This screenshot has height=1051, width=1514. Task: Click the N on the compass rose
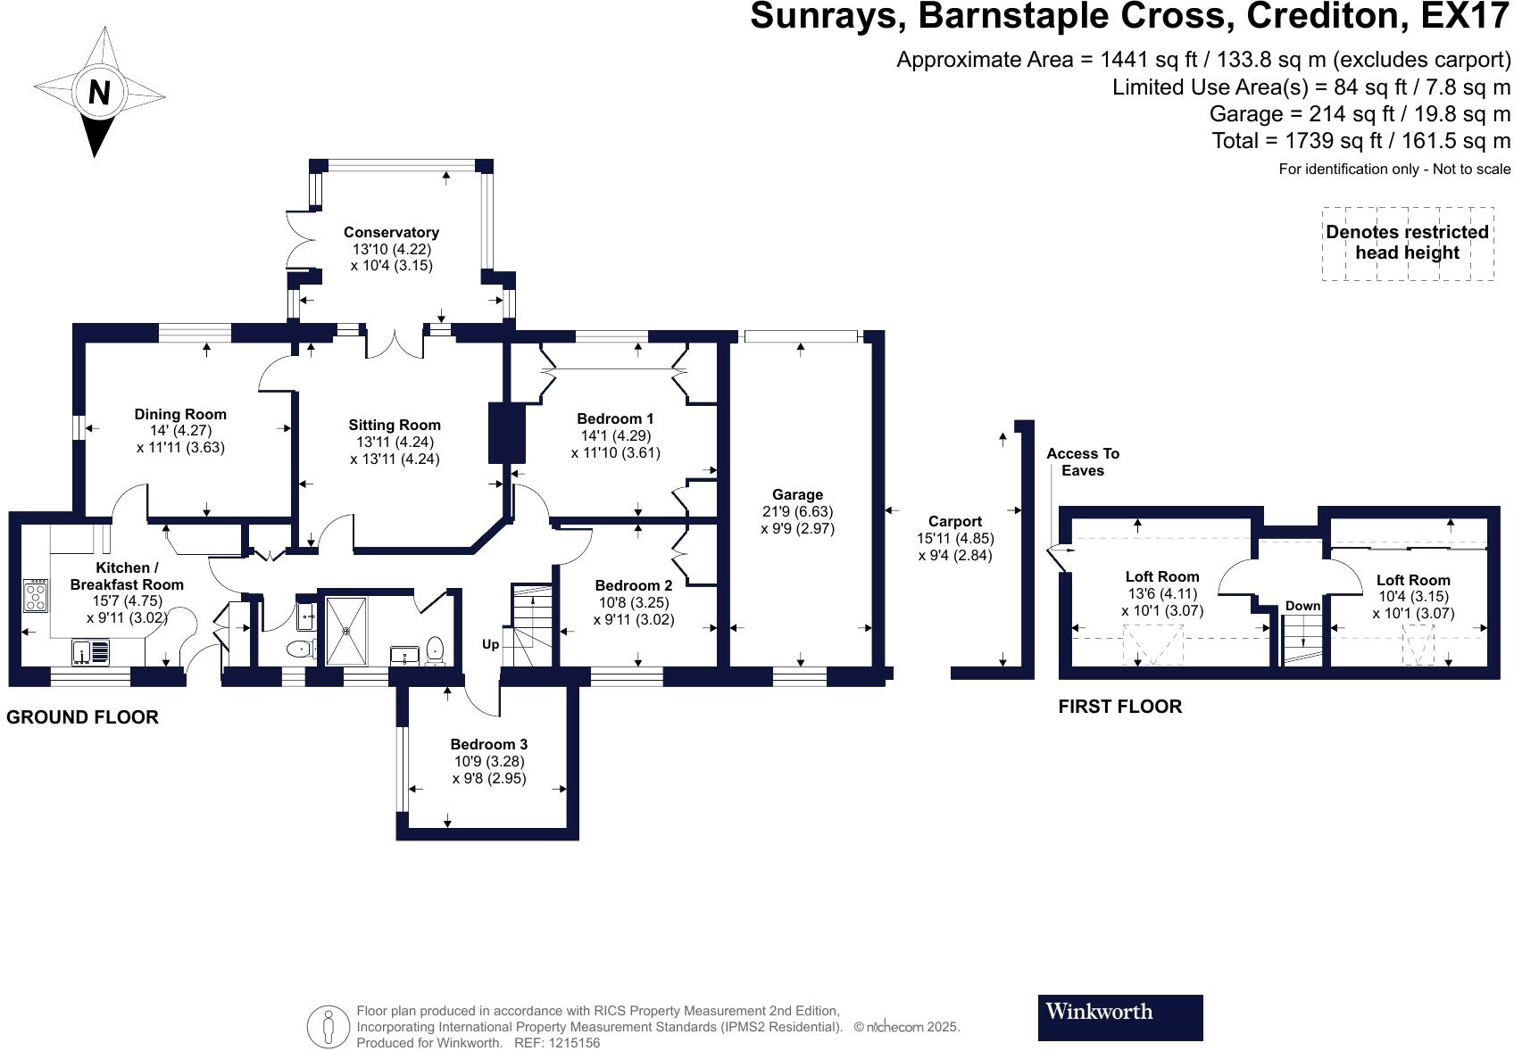98,92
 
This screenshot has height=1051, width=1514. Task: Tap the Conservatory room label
391,232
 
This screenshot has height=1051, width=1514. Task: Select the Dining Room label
180,414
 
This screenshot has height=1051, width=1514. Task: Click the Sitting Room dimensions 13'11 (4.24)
395,443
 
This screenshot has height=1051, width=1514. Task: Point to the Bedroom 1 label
615,418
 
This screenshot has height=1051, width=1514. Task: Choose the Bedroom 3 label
488,744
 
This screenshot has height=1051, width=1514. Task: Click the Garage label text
797,494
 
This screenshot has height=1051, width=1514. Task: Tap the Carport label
954,521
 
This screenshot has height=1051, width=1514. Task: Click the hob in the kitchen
36,595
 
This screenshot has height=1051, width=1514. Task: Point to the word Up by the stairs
490,644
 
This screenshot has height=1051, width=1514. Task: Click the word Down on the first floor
1302,606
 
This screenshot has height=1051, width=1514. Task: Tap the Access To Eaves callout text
1082,462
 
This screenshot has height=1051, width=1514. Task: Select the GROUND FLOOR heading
82,717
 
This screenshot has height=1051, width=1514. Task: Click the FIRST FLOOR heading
1119,707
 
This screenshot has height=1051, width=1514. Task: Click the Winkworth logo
1119,1017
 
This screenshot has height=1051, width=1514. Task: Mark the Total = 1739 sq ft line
1360,141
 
